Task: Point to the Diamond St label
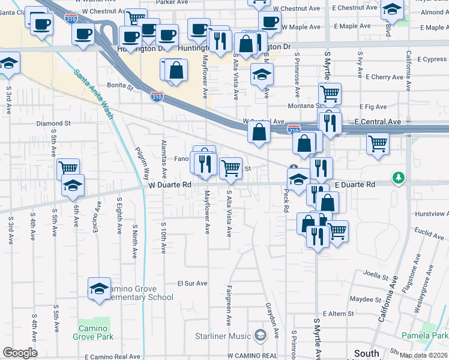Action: tap(53, 123)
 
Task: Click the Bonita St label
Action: tap(119, 86)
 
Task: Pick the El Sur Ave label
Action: tap(192, 283)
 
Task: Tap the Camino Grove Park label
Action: tap(96, 329)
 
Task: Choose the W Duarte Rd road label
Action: tap(170, 185)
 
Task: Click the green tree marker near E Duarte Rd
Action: tap(398, 178)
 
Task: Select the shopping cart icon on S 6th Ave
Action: tap(68, 169)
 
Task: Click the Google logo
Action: tap(20, 353)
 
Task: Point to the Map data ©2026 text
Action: tap(423, 355)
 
